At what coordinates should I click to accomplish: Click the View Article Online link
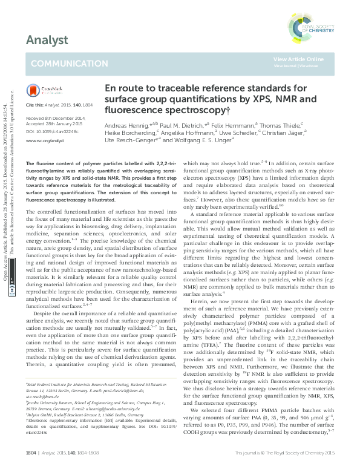coord(298,59)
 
